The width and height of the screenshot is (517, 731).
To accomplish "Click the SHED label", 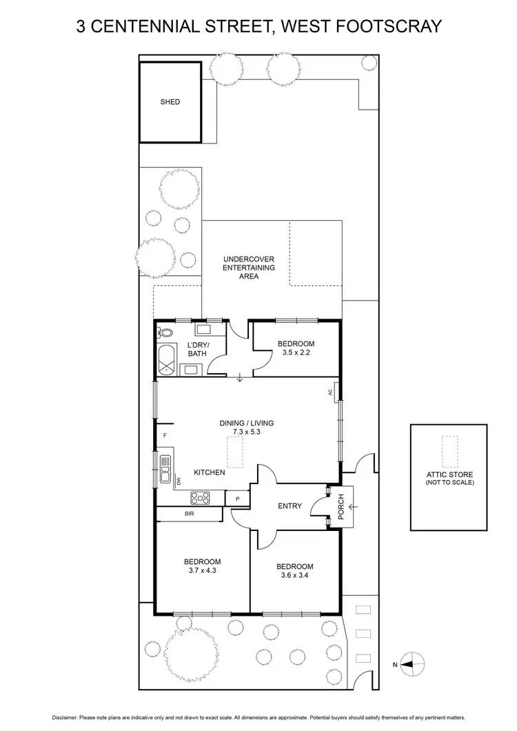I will click(170, 102).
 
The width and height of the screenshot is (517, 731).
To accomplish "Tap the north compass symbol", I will click(408, 665).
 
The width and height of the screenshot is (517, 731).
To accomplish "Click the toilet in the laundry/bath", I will click(165, 333).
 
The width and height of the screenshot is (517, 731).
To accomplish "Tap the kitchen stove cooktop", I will click(200, 497).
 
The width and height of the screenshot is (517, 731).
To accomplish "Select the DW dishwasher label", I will click(178, 481).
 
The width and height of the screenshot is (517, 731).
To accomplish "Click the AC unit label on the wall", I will click(330, 392).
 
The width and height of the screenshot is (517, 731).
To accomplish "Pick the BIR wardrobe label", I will click(189, 514).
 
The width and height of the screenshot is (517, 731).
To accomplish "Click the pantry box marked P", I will click(237, 499).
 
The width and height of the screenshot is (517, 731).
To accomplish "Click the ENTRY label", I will click(290, 506).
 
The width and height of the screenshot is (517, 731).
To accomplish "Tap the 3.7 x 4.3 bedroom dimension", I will click(202, 570).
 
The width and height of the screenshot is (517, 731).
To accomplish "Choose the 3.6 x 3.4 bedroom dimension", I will click(295, 576).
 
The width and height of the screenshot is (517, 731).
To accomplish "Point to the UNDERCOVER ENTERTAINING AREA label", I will click(249, 268).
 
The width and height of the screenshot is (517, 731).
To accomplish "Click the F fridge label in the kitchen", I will click(165, 435).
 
